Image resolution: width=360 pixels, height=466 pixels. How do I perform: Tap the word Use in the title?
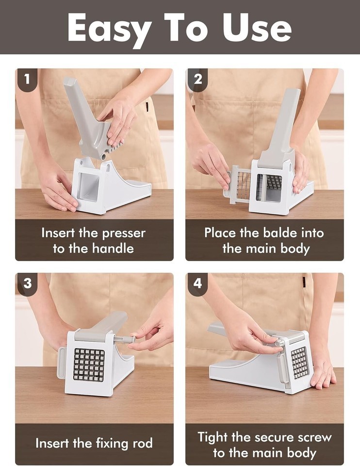click(x=257, y=27)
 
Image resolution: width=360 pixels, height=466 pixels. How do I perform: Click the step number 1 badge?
click(x=27, y=79)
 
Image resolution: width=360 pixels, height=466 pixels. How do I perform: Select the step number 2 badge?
click(x=197, y=79)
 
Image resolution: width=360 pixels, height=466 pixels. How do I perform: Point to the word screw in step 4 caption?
click(x=315, y=437)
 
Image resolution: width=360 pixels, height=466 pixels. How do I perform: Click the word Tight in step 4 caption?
click(x=213, y=437)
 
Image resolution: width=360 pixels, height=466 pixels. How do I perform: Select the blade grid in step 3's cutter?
click(x=89, y=365)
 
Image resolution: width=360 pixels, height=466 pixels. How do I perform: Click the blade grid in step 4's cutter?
click(x=300, y=363)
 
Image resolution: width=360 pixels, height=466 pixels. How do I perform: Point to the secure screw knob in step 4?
click(x=279, y=341)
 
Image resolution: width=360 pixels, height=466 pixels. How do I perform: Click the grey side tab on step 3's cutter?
click(x=61, y=363)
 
